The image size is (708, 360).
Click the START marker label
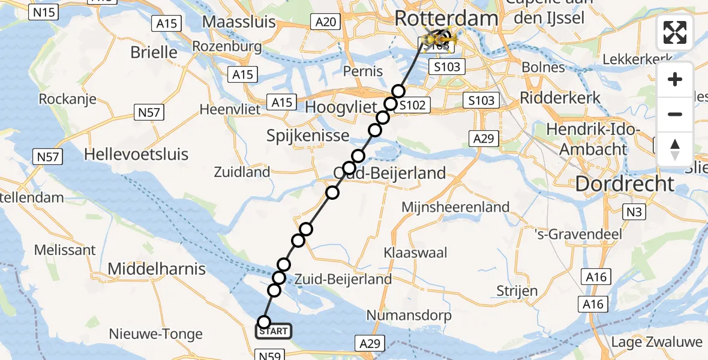274,331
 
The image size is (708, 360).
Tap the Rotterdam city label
446,19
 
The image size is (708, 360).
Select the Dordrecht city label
625,184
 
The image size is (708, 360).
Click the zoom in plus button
675,79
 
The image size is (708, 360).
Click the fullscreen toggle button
675,32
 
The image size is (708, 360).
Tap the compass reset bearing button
675,149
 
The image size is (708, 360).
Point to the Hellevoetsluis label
136,154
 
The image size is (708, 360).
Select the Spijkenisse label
308,136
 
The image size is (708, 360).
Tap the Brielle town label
154,52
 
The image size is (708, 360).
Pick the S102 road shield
412,106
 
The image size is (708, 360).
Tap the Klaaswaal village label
416,253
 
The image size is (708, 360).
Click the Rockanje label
68,98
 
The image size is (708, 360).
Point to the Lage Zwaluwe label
656,343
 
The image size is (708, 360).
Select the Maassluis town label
239,22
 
